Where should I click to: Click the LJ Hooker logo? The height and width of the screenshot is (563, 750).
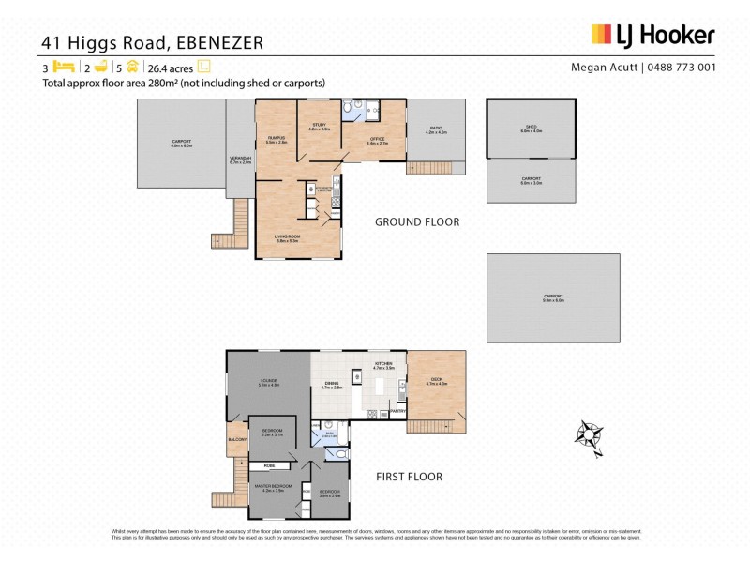tap(652, 36)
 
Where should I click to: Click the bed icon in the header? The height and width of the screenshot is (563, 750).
tap(64, 68)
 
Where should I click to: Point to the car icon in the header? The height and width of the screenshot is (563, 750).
tap(133, 68)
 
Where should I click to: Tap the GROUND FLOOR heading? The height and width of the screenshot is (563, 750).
tap(416, 222)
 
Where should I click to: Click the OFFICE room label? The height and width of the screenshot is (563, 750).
tap(377, 139)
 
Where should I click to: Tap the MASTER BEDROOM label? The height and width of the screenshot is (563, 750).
tap(274, 485)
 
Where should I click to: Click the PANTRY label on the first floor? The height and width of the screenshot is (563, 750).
tap(397, 410)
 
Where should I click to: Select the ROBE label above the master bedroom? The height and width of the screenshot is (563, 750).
tap(269, 464)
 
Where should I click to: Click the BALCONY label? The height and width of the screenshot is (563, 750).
tap(237, 439)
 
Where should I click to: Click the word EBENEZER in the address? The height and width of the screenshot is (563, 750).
tap(213, 41)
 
